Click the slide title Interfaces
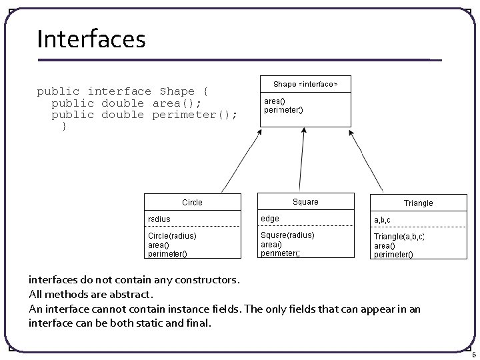pos(91,39)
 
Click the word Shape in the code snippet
pos(177,91)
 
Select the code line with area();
pos(126,103)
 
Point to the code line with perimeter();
pos(144,115)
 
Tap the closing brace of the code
pos(64,126)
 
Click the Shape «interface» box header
pos(305,84)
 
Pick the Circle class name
pos(192,202)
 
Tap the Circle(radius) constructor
pos(172,235)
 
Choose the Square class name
pos(305,202)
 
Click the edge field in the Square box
pos(270,219)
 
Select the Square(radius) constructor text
pos(287,235)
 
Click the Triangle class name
pos(418,203)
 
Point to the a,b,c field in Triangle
pos(383,219)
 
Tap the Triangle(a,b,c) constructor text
pos(399,237)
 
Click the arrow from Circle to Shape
pos(239,161)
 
